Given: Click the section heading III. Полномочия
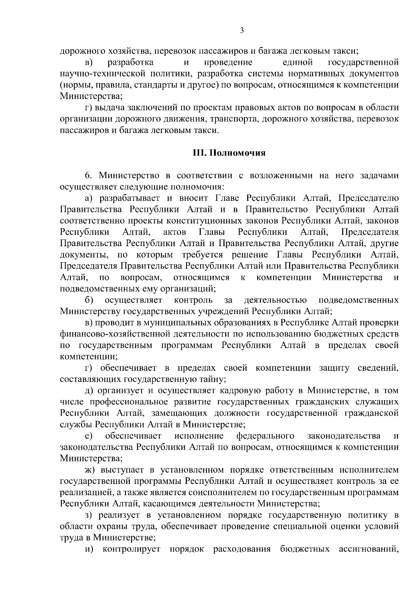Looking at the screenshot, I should pos(229,153).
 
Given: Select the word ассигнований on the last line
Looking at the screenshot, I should pos(369,549).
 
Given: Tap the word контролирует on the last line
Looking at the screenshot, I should pos(131,549).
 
